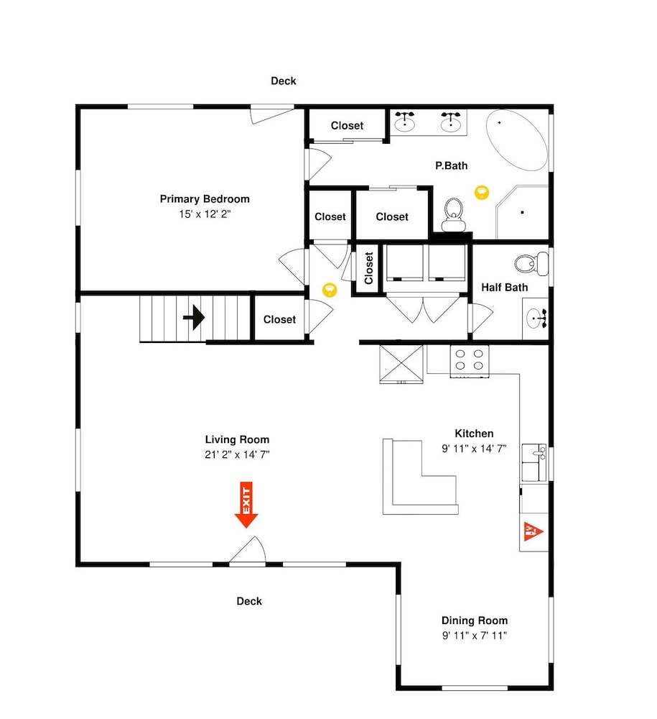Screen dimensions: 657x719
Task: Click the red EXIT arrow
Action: point(246,505)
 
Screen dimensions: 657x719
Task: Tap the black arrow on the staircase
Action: point(194,317)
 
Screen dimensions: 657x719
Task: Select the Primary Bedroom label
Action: point(205,199)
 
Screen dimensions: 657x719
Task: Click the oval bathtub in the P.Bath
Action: point(517,140)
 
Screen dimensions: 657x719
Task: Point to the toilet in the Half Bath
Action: point(531,264)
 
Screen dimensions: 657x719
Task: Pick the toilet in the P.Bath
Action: point(453,214)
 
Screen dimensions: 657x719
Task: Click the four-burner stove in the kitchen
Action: point(470,361)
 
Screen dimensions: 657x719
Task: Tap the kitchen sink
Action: point(533,462)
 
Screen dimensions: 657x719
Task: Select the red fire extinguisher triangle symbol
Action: point(533,531)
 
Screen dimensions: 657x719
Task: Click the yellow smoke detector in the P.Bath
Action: point(481,192)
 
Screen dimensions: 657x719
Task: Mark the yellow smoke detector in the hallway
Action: point(330,290)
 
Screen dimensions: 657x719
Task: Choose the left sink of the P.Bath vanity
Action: point(405,122)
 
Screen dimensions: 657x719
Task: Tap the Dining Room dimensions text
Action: point(475,636)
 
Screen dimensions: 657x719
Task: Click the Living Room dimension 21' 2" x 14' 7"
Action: point(237,454)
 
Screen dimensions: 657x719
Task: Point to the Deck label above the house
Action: point(284,81)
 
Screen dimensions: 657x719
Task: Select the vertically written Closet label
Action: point(368,268)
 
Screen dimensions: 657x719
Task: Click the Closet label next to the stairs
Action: point(279,319)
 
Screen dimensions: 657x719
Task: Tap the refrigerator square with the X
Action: point(401,364)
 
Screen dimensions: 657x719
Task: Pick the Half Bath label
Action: point(505,288)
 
